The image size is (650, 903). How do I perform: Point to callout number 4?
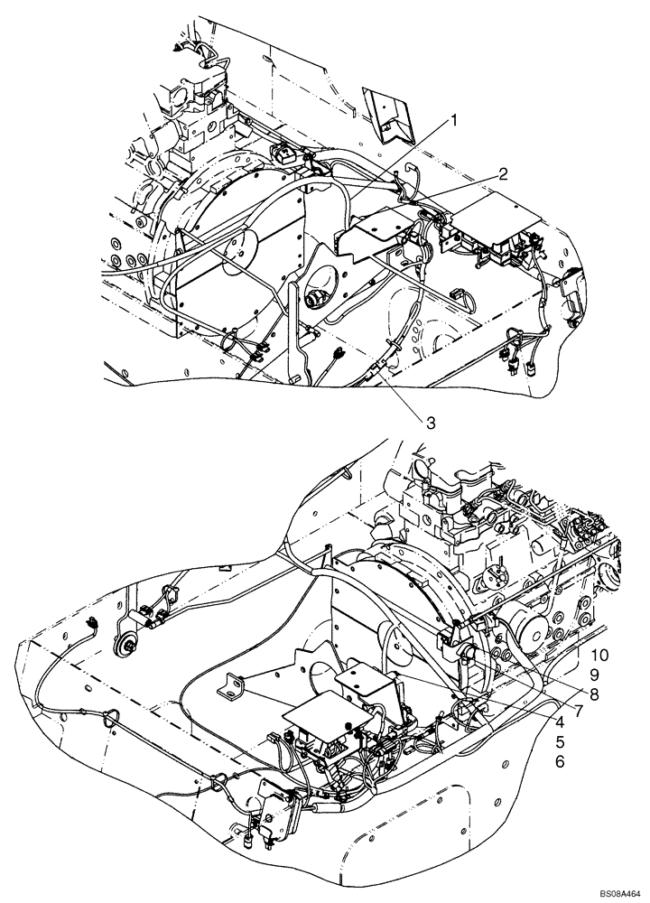560,722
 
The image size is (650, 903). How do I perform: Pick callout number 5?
560,742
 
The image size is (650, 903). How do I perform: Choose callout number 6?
560,763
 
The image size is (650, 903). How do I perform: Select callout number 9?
595,674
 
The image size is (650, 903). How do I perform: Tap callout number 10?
600,654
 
